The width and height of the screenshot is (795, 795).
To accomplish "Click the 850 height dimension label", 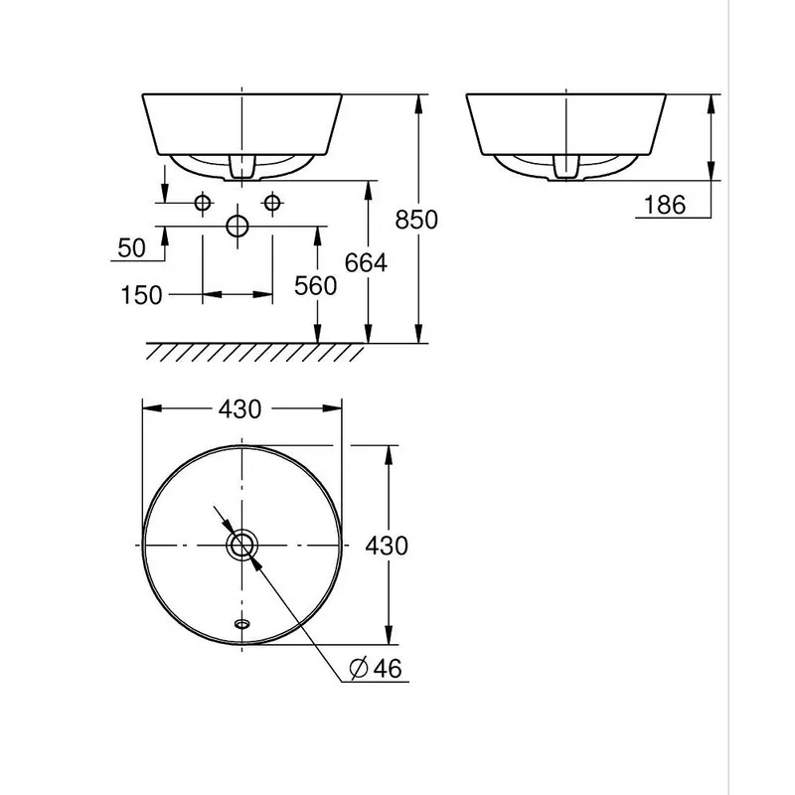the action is point(416,220).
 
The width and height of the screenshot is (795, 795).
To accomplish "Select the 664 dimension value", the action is point(366,262).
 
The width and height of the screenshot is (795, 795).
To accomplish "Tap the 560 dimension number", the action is point(315,286).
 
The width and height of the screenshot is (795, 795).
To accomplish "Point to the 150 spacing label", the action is point(141,295).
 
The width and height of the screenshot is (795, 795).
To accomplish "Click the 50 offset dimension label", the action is point(131,247).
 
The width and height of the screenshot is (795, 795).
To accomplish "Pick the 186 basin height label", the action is point(664,205).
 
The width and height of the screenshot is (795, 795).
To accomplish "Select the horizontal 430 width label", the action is point(239,409).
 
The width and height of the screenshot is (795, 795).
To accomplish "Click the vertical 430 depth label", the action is point(387,546).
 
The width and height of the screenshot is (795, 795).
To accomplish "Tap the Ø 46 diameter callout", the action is point(376,668).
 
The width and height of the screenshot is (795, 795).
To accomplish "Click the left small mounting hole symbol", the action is point(203,203).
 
